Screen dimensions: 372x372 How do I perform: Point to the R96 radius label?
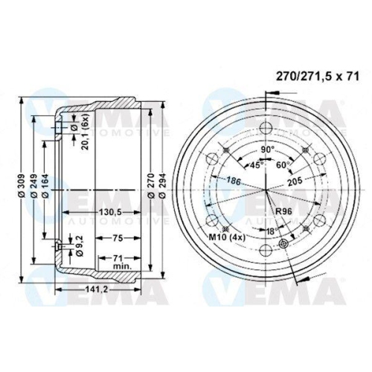283,213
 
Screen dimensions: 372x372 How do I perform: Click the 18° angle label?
272,232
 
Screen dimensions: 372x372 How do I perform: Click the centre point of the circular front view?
266,191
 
